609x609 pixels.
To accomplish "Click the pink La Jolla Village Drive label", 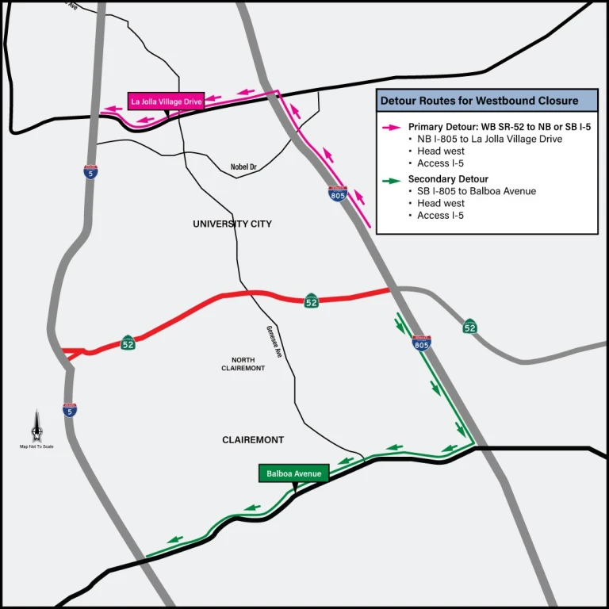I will tap(167, 101).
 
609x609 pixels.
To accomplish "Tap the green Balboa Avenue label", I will tap(293, 473).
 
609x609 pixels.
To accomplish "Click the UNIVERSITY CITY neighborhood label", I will tap(232, 224).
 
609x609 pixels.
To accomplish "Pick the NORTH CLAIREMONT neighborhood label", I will tap(243, 364).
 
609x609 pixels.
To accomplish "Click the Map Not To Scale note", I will tap(36, 446).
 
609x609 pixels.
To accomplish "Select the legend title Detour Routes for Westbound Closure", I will tap(479, 101).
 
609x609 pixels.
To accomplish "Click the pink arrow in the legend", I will tap(392, 127).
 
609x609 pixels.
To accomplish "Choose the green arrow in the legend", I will tap(392, 180).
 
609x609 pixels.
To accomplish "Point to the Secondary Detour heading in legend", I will tap(448, 179).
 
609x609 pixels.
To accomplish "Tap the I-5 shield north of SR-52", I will tap(91, 171).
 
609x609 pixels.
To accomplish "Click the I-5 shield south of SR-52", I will tap(70, 409).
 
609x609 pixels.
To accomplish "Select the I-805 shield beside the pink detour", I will tap(339, 193).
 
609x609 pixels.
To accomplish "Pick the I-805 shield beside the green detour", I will tap(422, 343).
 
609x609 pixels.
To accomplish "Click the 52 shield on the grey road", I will tap(470, 326).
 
